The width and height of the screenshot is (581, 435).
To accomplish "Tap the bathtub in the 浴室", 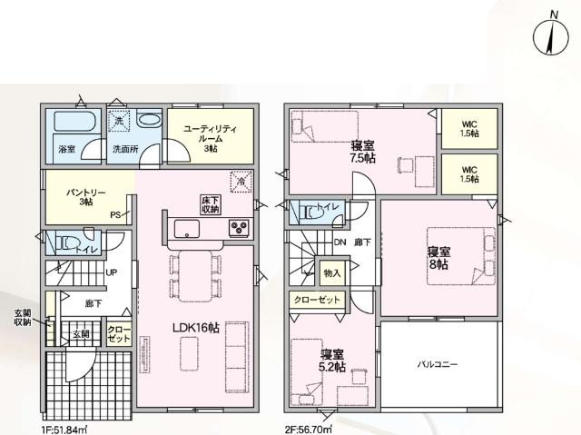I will (68, 123).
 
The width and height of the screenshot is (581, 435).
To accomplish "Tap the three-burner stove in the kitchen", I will (240, 227).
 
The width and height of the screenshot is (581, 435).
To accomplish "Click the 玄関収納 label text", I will (23, 317).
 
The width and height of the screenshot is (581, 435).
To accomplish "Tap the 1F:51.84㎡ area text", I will (64, 427).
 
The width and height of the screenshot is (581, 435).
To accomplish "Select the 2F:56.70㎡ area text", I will (308, 427).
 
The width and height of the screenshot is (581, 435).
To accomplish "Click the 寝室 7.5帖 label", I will (364, 152).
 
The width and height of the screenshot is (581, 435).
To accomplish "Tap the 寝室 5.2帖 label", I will (331, 360).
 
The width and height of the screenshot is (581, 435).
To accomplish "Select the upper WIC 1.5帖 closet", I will (468, 128).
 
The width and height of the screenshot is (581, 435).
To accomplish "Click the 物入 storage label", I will (331, 272).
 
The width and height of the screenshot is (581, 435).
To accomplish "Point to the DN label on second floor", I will (340, 242).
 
